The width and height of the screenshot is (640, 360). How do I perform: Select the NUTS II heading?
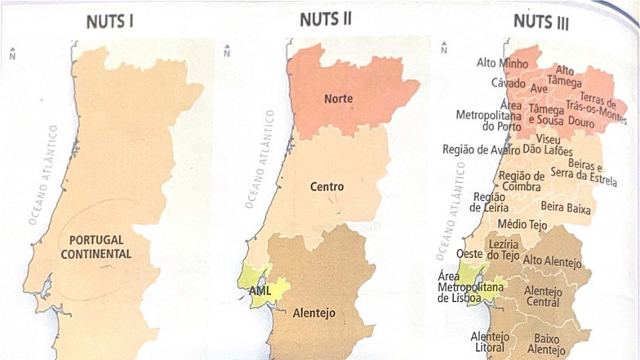click(325, 20)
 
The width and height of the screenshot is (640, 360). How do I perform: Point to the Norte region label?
click(338, 99)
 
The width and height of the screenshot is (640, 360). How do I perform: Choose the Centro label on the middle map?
click(327, 187)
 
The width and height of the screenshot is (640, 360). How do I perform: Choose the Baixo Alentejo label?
click(546, 344)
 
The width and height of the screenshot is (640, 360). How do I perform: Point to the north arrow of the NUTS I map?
click(12, 55)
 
